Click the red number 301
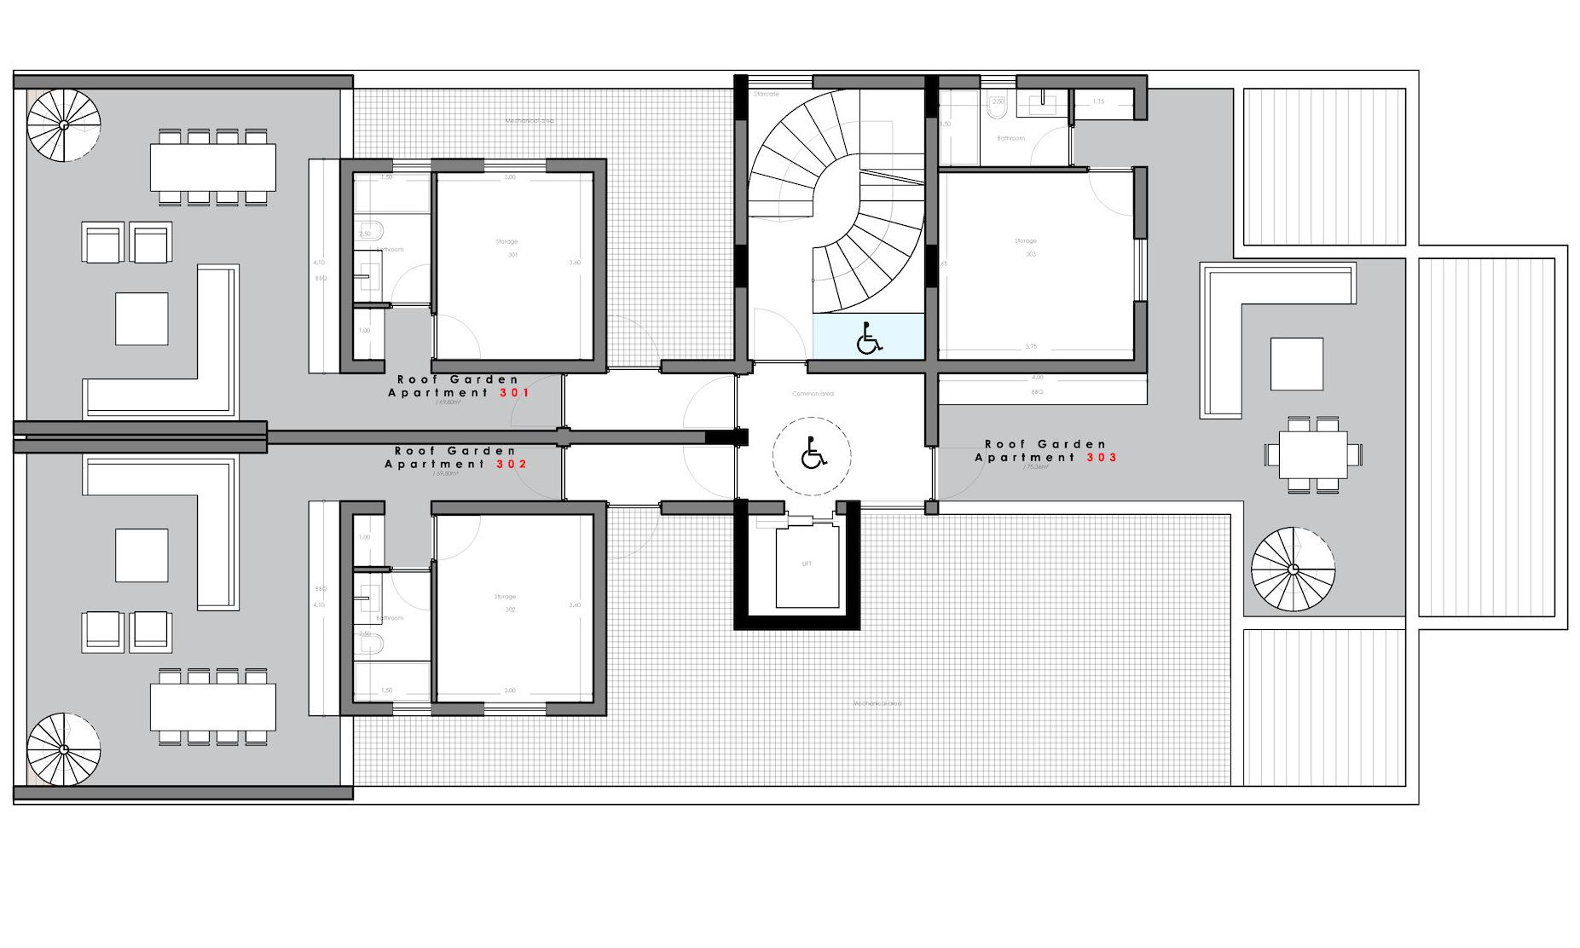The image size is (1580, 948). pos(513,393)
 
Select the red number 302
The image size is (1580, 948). pos(512,465)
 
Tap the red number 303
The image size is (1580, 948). pos(1101,458)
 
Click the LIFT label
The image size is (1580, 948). pos(807,564)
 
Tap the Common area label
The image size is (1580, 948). pos(813,394)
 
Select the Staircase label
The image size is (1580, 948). pos(766,94)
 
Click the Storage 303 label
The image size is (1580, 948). pos(1027,247)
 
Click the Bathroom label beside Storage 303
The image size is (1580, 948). pos(1010,138)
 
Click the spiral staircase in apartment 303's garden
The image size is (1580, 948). pos(1293,569)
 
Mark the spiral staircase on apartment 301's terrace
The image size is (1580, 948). pos(64,125)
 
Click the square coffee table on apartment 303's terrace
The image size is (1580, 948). pos(1296,364)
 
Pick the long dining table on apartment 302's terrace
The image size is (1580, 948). pos(213,707)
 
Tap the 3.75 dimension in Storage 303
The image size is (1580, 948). pos(1032,346)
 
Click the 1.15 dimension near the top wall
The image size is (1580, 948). pos(1098,101)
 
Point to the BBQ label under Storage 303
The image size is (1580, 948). pos(1037,392)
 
